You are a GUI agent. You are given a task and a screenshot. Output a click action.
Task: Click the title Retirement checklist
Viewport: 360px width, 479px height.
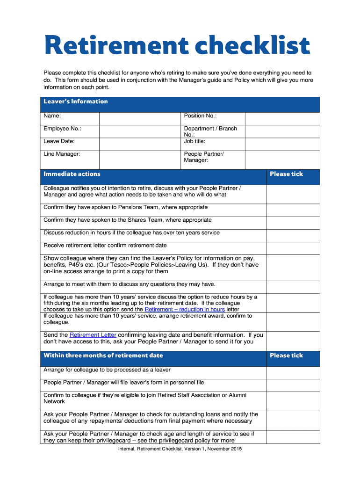coord(177,46)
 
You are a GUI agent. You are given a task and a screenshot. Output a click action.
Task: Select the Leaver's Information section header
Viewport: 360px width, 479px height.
coord(76,102)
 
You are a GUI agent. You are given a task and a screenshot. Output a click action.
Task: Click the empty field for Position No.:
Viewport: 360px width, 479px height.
coord(282,119)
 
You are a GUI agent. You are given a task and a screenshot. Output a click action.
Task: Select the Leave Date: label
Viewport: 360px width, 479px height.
coord(59,141)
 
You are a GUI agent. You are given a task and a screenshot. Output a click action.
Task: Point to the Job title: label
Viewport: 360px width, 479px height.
coord(194,141)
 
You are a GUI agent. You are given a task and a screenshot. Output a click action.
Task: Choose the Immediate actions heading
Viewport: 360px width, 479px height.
coord(72,174)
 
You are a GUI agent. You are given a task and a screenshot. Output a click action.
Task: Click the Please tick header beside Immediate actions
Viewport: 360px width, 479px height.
coord(286,174)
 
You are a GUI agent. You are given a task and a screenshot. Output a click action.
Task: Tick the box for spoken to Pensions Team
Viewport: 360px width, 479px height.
coord(293,210)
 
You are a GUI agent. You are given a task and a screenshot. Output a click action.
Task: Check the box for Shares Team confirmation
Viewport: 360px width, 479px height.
coord(293,223)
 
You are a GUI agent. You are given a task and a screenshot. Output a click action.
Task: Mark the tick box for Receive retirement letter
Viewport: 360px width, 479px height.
coord(293,248)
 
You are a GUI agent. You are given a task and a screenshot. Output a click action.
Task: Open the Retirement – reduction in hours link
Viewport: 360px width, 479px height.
coord(185,310)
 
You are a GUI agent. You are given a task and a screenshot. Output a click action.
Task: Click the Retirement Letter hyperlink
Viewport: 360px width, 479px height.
coord(93,335)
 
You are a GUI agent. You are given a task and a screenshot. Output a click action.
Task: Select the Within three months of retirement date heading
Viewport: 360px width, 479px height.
coord(103,356)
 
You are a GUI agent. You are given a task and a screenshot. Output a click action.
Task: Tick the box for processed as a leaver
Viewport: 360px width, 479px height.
coord(293,373)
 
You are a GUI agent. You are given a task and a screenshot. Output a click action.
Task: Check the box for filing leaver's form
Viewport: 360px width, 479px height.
coord(293,385)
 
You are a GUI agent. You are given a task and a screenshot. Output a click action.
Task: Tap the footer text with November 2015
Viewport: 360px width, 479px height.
coord(180,449)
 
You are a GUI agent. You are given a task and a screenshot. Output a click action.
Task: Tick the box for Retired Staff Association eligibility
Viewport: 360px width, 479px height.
coord(293,401)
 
